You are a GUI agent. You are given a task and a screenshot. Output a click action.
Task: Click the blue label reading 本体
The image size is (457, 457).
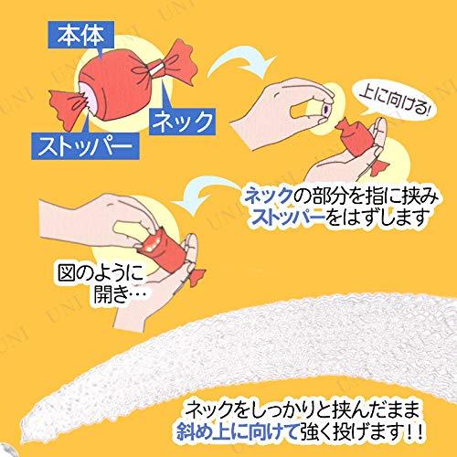click(x=81, y=35)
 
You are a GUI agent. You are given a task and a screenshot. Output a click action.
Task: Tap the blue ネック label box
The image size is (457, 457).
click(x=182, y=122)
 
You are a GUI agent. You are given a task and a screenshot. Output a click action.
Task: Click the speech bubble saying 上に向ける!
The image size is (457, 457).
click(x=396, y=100)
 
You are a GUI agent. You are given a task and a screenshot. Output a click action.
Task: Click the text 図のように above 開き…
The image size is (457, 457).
click(x=101, y=272)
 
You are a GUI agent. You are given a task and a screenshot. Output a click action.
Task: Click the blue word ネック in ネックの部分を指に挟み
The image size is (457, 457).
click(x=269, y=196)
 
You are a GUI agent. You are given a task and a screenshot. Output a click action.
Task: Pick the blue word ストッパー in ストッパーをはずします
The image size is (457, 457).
click(x=288, y=217)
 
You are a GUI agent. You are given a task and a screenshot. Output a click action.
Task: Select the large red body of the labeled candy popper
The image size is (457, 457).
click(x=111, y=84)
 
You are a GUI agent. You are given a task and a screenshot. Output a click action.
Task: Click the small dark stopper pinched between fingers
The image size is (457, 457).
click(x=326, y=107)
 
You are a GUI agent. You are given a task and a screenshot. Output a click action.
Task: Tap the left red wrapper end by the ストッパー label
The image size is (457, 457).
click(x=68, y=107)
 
